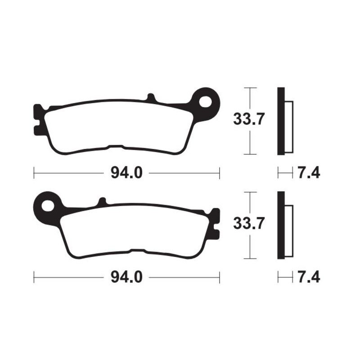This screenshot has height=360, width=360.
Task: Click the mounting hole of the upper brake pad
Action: [207, 101]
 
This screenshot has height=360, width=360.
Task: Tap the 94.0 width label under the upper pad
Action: [127, 172]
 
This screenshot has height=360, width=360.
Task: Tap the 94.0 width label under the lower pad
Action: [127, 276]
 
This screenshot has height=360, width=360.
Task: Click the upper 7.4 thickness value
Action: [308, 172]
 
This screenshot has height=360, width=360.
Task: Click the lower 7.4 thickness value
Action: [308, 276]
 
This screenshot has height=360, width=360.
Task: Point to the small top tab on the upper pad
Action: [151, 97]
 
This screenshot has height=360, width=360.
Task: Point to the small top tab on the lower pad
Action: [102, 202]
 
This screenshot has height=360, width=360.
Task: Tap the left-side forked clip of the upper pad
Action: [38, 119]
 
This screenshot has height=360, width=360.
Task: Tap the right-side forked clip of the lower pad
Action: [216, 223]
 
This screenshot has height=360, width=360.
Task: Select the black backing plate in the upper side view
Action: [281, 121]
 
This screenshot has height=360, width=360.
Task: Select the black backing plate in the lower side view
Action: [281, 225]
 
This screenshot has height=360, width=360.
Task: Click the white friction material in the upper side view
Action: [289, 126]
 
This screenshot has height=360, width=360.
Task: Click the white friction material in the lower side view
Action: [289, 231]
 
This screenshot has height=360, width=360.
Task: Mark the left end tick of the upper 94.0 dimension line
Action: [35, 172]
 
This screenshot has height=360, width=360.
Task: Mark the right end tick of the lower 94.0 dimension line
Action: [219, 276]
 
